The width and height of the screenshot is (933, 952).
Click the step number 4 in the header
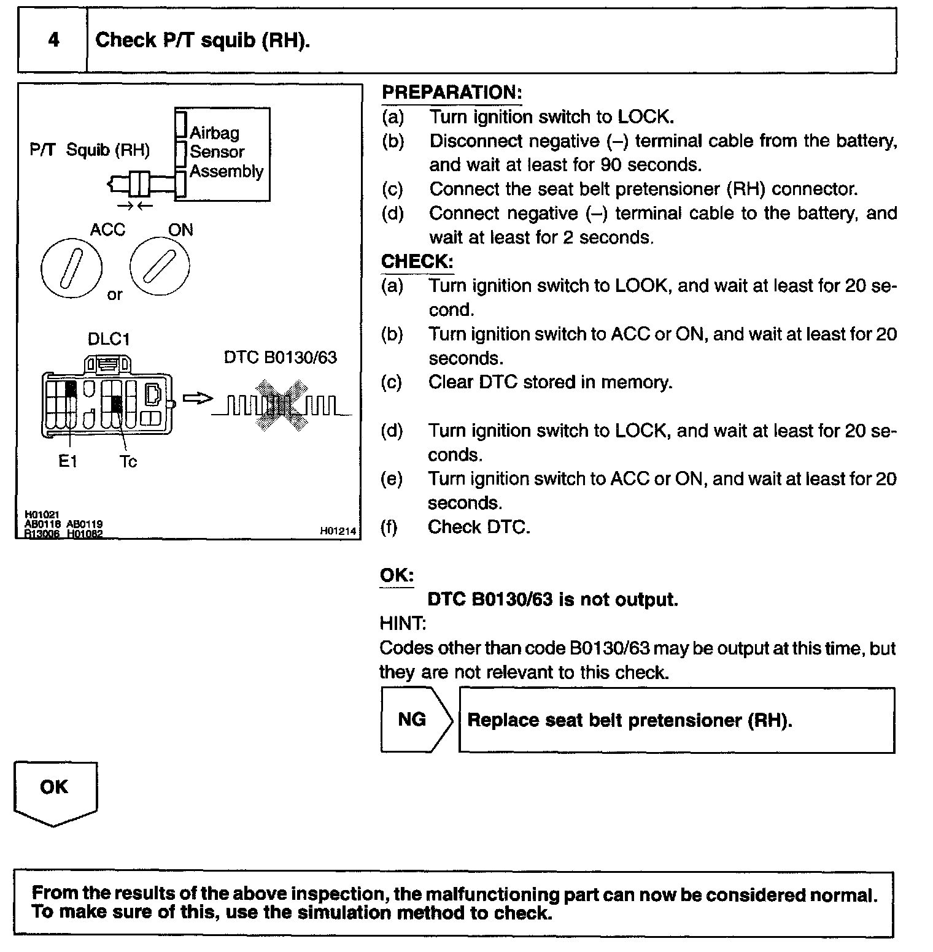pos(54,40)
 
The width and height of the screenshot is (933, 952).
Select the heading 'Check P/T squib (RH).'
pos(203,40)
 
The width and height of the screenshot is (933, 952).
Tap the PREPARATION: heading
pos(451,93)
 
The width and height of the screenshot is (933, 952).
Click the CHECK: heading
pos(417,261)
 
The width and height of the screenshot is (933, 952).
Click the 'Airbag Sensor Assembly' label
pos(226,152)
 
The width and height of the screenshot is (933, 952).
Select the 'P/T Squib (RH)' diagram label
pos(90,150)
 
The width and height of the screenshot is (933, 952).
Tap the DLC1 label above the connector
pos(109,339)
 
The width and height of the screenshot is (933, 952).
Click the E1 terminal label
pos(68,461)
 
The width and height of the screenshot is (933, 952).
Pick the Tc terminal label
pos(128,461)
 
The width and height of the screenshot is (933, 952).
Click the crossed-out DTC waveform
pos(282,405)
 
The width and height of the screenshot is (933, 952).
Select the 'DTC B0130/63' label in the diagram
pos(280,358)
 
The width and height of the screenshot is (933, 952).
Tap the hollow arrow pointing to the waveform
pos(197,398)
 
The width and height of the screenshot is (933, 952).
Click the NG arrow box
pos(416,720)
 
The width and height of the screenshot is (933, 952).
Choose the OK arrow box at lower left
pos(55,791)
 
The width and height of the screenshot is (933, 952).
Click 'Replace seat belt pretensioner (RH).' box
pos(676,720)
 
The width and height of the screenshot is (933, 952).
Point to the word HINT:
pos(403,624)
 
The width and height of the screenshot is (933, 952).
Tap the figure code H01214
pos(338,532)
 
